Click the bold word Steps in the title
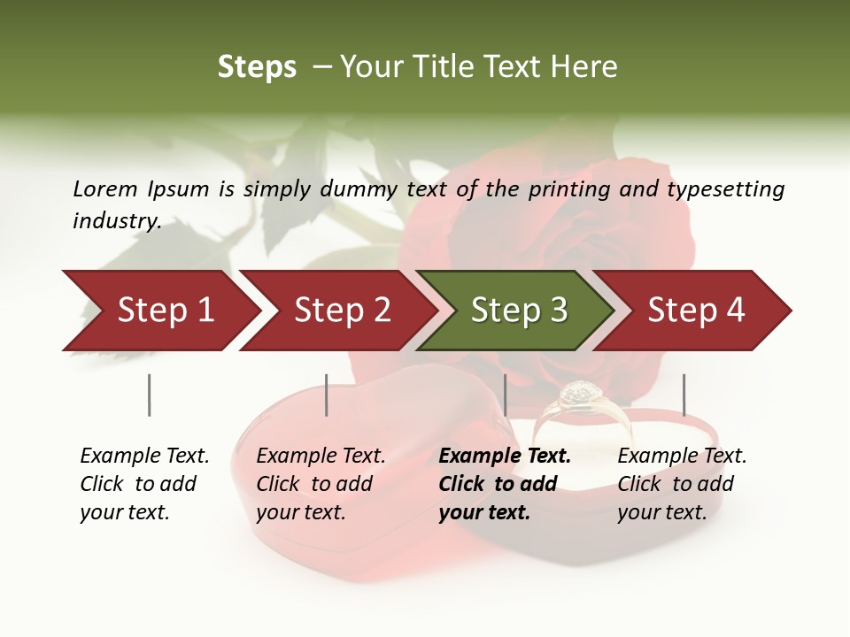click(257, 66)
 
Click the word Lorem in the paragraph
click(105, 188)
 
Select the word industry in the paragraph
click(116, 220)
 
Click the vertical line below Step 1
click(149, 395)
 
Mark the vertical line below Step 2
click(326, 395)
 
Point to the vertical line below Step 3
click(505, 395)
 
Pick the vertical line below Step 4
click(684, 395)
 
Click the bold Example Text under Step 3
click(505, 456)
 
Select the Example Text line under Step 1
click(144, 456)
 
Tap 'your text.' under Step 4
click(661, 512)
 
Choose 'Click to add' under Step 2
click(314, 484)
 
